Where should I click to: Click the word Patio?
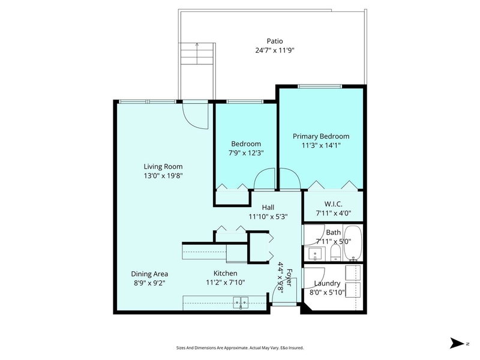click(x=275, y=41)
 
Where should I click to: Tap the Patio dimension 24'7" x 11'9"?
click(x=275, y=50)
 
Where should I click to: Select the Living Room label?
click(x=163, y=166)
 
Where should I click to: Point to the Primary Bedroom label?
click(x=320, y=136)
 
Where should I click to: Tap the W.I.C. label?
click(x=333, y=202)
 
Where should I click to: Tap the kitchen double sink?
click(x=241, y=302)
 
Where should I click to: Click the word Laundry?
click(x=327, y=283)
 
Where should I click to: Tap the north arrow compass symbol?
click(x=457, y=344)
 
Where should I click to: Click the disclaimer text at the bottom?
click(x=239, y=347)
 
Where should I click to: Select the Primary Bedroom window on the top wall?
click(x=320, y=86)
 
